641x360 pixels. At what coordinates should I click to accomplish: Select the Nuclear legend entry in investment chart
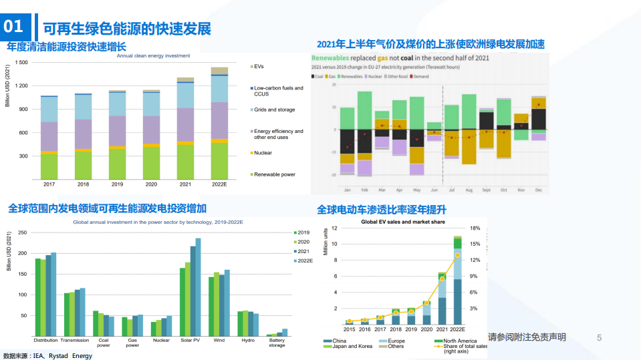(263, 153)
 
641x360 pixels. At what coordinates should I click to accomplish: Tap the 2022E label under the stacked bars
(219, 184)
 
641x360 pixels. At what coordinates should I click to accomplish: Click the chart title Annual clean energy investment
(153, 55)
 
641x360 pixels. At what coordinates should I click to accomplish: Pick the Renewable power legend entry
(274, 174)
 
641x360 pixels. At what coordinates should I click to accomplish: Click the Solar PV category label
(190, 340)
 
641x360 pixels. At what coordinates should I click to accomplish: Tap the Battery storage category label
(277, 343)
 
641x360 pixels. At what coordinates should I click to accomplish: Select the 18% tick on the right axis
(475, 228)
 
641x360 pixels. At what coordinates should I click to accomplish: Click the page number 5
(599, 338)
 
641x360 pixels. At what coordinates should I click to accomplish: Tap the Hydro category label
(247, 340)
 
